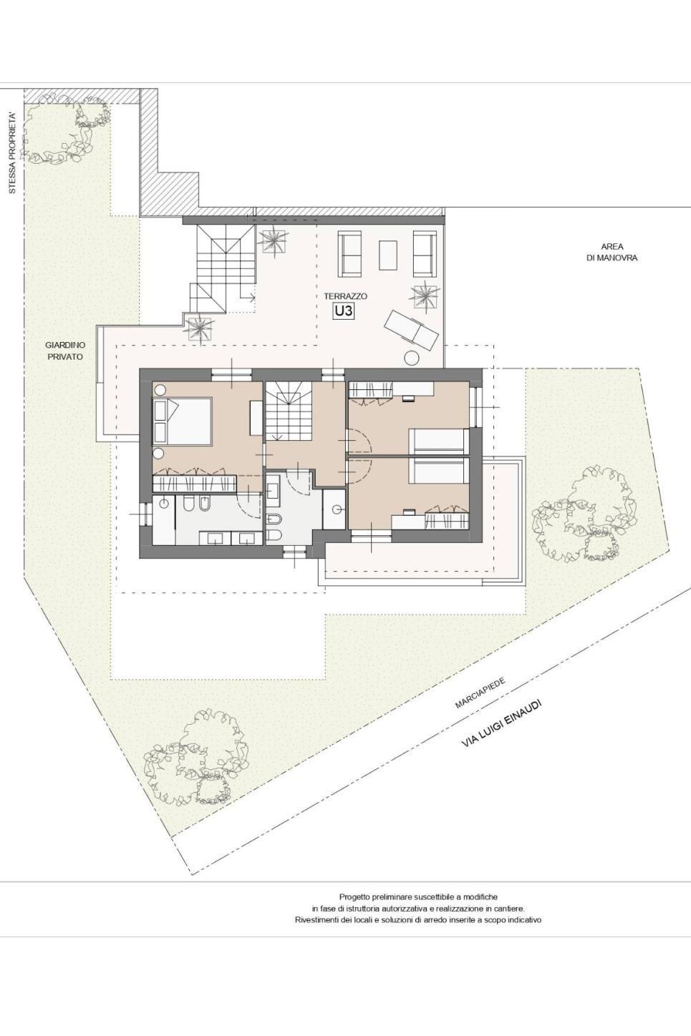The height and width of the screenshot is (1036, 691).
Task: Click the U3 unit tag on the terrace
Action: [x=344, y=311]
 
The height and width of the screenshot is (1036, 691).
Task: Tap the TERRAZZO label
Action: [x=345, y=296]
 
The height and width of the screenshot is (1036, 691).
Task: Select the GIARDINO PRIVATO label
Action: [x=65, y=351]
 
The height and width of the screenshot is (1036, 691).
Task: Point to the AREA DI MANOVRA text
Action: [x=612, y=252]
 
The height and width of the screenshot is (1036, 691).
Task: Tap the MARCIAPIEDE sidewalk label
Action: [x=480, y=693]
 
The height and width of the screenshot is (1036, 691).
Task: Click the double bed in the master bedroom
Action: [x=183, y=422]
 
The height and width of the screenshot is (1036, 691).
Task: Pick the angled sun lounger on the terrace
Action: [x=412, y=329]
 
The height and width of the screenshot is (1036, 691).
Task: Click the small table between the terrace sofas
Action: [x=388, y=255]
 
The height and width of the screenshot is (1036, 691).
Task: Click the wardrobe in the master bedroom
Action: [x=195, y=484]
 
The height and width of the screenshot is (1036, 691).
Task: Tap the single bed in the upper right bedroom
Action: [x=439, y=441]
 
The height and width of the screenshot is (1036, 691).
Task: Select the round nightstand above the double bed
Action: [x=160, y=390]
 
